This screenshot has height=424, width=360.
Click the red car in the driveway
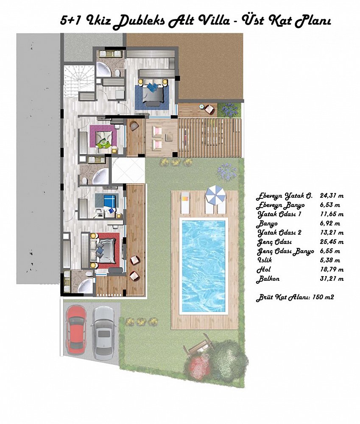pyautogui.click(x=77, y=329)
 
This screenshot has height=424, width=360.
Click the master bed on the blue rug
pyautogui.click(x=153, y=92)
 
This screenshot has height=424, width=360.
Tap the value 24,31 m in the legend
pyautogui.click(x=332, y=195)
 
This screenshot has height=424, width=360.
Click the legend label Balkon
pyautogui.click(x=268, y=279)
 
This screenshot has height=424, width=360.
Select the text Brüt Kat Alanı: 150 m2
pyautogui.click(x=295, y=298)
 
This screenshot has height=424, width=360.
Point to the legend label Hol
pyautogui.click(x=263, y=270)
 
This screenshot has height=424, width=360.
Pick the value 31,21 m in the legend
pyautogui.click(x=332, y=279)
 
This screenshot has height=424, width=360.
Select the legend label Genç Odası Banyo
pyautogui.click(x=285, y=251)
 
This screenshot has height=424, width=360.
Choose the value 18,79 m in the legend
pyautogui.click(x=332, y=269)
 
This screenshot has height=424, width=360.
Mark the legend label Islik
pyautogui.click(x=264, y=260)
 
